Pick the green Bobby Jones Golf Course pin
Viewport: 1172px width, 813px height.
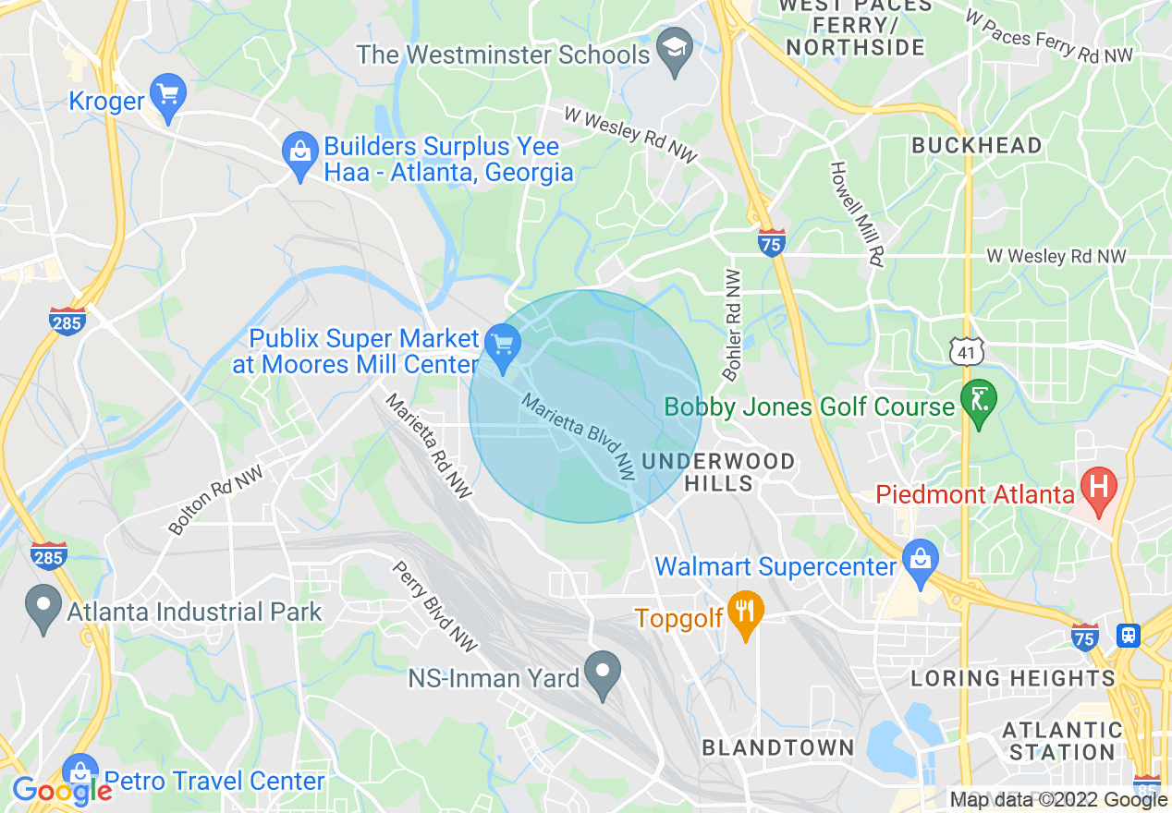[979, 404]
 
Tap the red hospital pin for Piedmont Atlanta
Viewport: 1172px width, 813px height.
[1099, 491]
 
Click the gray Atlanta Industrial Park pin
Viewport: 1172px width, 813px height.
[43, 610]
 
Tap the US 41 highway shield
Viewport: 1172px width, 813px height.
[965, 350]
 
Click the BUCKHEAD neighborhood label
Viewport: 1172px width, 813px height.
[976, 145]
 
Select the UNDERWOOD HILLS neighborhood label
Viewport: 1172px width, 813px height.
[718, 471]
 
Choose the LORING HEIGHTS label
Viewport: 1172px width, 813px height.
[1013, 679]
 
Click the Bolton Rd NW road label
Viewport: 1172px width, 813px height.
[215, 500]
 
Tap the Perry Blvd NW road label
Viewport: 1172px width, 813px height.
[434, 606]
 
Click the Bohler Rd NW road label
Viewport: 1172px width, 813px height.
[732, 325]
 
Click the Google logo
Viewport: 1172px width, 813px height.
[61, 791]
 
